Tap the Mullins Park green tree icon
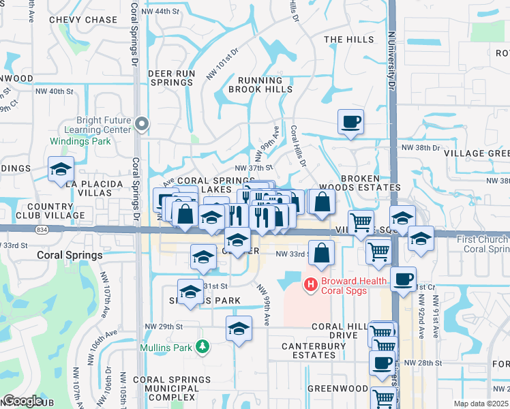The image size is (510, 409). tap(202, 347)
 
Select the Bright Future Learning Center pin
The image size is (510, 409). tap(141, 123)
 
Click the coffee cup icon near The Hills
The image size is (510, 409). tap(350, 122)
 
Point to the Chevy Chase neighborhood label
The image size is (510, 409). tap(83, 20)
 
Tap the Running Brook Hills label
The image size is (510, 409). tap(260, 85)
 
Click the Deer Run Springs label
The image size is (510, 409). tap(172, 78)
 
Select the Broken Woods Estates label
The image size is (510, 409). tap(370, 183)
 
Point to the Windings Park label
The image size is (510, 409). tap(80, 141)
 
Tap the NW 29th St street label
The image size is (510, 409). tap(164, 327)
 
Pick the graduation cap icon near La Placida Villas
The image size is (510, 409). tap(61, 170)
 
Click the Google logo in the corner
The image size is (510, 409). tap(22, 401)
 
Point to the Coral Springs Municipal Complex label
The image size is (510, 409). tap(166, 389)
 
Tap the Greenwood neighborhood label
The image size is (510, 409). tap(337, 389)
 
